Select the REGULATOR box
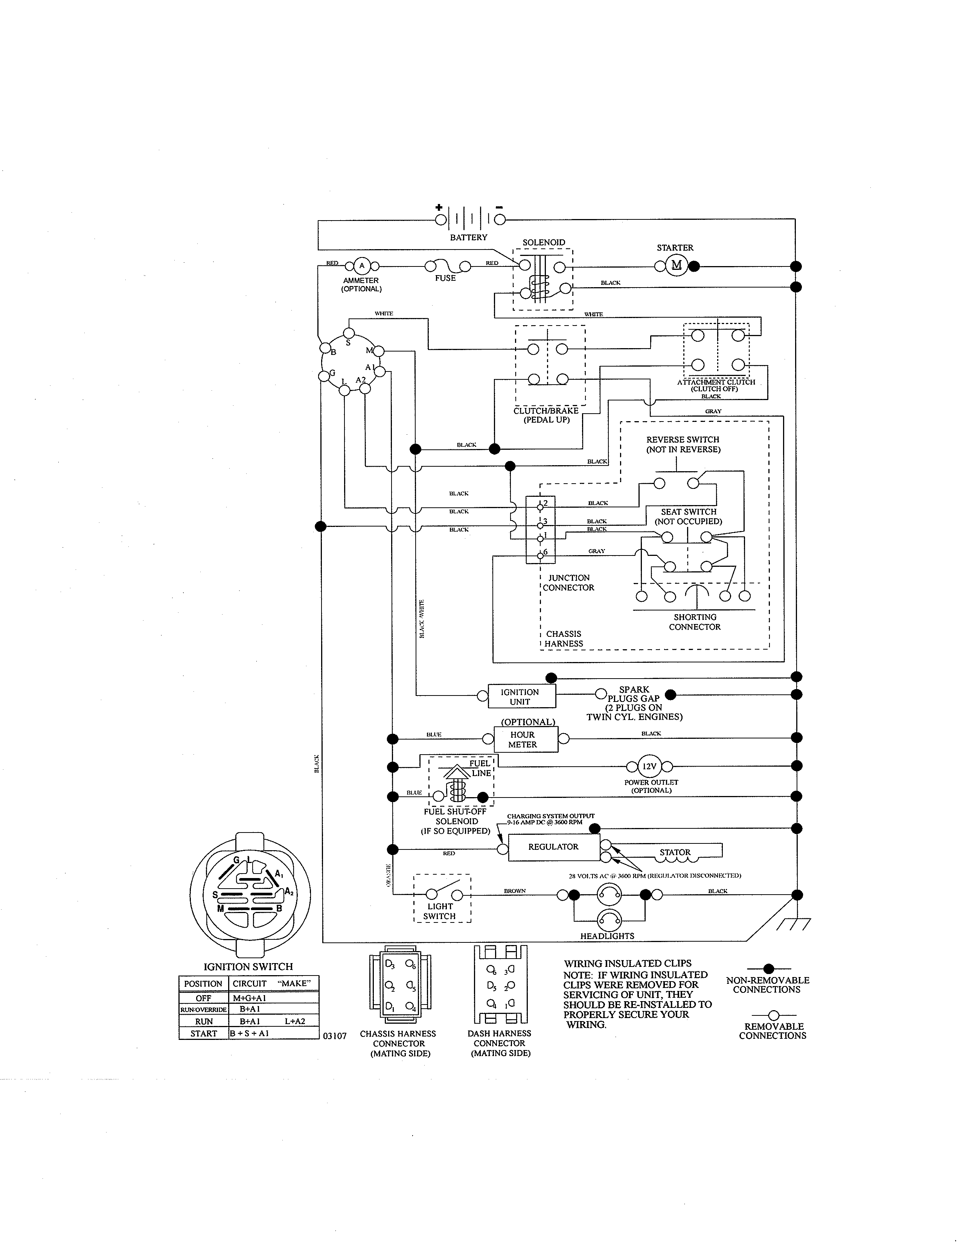[553, 847]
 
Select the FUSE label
[445, 278]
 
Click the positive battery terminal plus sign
[439, 208]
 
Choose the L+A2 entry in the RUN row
[295, 1021]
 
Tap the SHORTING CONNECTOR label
[695, 622]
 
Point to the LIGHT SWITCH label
[440, 912]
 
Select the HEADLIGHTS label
[607, 936]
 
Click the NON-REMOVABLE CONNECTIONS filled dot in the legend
[768, 968]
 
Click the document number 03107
[334, 1036]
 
